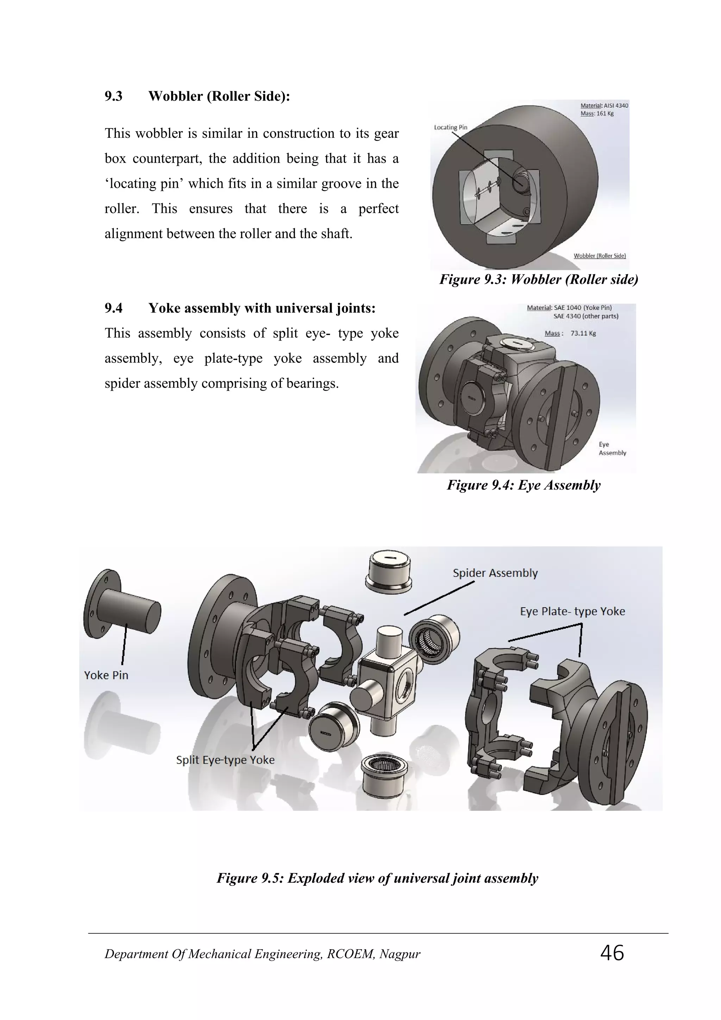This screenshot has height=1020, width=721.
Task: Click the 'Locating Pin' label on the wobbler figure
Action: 450,127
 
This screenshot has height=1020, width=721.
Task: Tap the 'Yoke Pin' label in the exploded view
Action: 106,675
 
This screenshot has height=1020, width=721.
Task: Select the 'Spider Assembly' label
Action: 495,573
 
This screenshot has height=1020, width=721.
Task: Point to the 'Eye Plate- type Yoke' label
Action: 572,611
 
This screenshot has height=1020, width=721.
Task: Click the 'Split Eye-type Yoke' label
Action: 225,760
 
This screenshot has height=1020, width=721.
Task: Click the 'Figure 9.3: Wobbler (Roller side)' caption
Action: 539,279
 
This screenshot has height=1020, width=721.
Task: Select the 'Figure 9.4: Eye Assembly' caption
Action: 523,485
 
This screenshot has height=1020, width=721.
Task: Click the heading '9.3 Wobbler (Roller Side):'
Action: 197,96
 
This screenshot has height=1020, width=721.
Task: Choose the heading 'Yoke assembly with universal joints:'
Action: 262,308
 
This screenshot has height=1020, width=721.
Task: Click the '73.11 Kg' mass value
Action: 583,333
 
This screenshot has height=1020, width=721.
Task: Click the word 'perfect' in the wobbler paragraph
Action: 378,209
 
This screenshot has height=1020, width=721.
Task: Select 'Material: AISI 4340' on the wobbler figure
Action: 604,106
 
